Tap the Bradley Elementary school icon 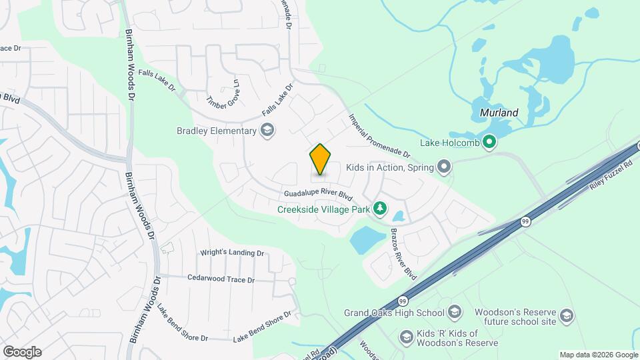(267, 130)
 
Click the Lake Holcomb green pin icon (489, 141)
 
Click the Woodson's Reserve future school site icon (566, 315)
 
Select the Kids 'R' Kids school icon (405, 337)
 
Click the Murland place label (499, 113)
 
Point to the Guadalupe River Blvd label (317, 195)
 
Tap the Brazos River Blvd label (403, 253)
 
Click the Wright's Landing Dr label (232, 253)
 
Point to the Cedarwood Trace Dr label (221, 279)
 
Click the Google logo (22, 351)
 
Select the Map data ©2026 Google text (598, 355)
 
